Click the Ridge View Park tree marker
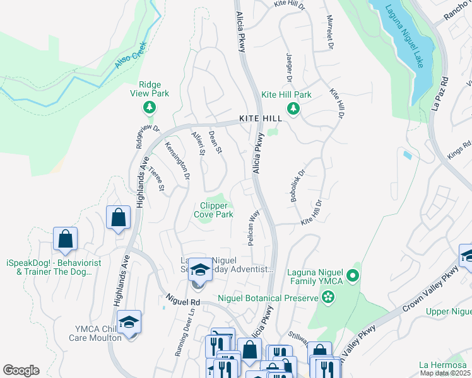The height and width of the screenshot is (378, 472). [x=150, y=108]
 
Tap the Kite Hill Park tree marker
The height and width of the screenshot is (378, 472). [x=293, y=109]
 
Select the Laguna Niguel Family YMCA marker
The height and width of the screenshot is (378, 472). [x=353, y=275]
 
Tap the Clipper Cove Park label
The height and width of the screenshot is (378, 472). [x=216, y=210]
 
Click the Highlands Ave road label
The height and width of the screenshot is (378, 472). [x=122, y=280]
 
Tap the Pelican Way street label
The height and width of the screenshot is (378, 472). [x=254, y=224]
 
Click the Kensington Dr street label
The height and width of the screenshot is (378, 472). [x=177, y=161]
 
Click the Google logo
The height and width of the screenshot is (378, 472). [x=21, y=370]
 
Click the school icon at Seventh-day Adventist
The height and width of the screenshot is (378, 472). [x=200, y=272]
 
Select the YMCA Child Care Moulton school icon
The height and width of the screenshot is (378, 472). [x=129, y=323]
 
